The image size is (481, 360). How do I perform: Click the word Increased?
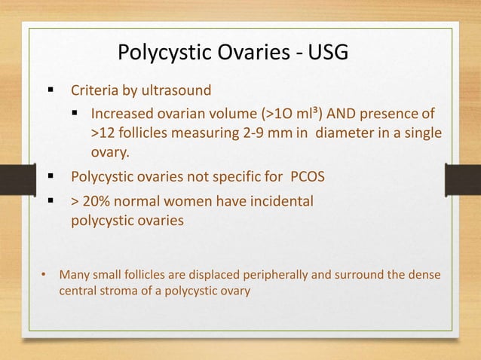(x=121, y=115)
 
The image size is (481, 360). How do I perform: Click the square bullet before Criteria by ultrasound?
(x=51, y=92)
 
